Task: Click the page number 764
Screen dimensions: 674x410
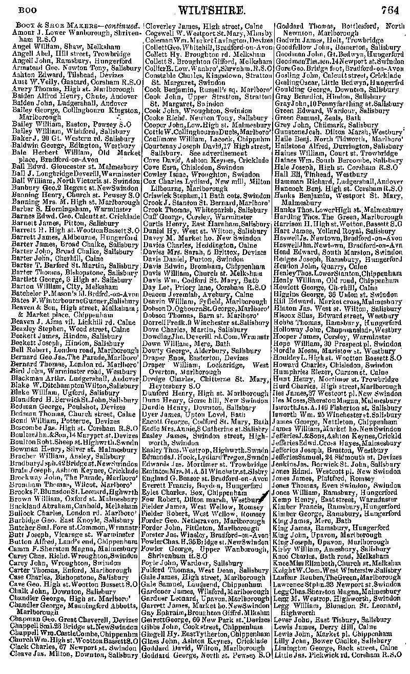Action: coord(392,9)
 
